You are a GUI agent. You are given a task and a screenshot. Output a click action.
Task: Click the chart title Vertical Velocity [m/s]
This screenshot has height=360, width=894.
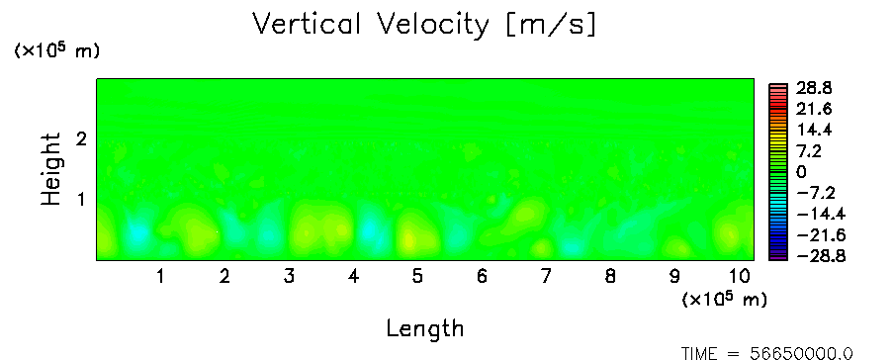point(424,25)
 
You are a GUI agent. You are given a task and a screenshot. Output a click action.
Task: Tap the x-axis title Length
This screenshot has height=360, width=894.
point(425,329)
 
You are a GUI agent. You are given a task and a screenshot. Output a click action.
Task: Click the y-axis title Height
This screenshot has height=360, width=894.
point(50,169)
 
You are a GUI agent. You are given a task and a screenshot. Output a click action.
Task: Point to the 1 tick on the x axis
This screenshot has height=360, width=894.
point(161,277)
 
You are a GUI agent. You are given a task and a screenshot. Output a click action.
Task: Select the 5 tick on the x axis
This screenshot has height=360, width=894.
point(418,277)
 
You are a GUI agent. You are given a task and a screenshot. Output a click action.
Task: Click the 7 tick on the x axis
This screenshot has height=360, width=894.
point(546,277)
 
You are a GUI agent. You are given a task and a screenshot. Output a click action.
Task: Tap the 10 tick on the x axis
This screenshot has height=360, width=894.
point(740,277)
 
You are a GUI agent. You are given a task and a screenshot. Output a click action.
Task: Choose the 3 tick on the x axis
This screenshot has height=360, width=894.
point(289,277)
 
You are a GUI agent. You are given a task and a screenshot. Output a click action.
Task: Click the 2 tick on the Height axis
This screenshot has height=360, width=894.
point(81,138)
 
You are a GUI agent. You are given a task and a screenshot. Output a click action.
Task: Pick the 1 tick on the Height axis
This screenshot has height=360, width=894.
point(81,200)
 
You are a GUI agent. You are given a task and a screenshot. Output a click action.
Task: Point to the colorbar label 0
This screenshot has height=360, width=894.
point(801,172)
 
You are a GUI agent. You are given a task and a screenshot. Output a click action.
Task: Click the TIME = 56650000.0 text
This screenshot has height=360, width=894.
point(766,353)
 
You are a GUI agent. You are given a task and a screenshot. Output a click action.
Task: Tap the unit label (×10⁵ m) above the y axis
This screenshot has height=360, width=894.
point(56,50)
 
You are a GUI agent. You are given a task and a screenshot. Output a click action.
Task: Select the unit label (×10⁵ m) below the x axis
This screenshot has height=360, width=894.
point(724,299)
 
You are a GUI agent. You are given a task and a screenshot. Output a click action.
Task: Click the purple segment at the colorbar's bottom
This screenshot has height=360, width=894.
point(777,258)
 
